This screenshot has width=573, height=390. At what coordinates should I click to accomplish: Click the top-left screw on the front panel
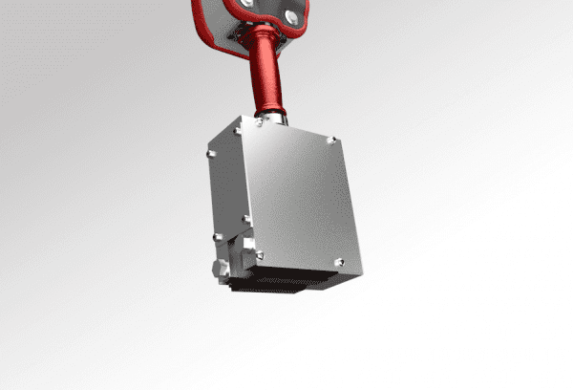click(x=260, y=122)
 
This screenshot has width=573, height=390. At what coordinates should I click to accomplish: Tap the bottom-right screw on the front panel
click(x=338, y=260)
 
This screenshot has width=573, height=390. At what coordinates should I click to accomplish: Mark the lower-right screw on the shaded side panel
click(x=246, y=219)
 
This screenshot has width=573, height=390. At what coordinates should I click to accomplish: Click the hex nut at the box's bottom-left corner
click(x=218, y=265)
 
